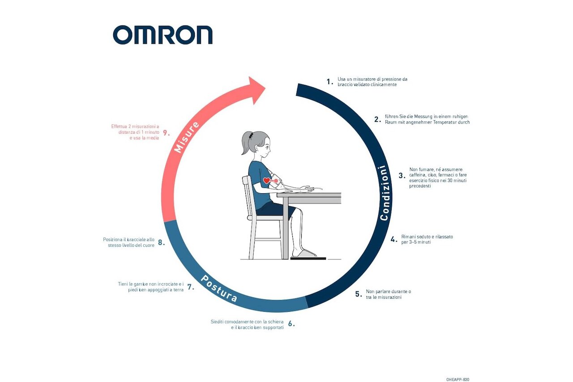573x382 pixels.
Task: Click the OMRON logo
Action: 162,35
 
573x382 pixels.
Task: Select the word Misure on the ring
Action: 187,137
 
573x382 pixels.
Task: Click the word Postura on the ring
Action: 219,289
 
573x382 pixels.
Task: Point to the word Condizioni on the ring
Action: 385,193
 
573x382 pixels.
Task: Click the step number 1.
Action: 330,82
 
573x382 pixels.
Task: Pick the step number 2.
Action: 377,119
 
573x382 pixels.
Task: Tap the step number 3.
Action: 402,175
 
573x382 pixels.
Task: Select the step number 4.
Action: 394,240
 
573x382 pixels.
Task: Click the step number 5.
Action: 359,294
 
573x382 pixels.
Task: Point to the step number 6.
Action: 291,324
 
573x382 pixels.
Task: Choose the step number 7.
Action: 191,287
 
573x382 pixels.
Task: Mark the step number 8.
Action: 161,242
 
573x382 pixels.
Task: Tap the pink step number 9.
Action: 166,133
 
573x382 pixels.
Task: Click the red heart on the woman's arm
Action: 266,181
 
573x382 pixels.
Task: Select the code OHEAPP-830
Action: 458,380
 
